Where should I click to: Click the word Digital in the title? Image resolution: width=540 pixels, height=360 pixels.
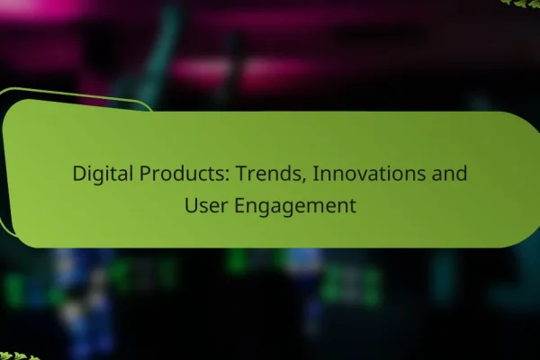point(103,174)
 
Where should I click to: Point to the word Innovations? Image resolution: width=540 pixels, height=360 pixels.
point(369,174)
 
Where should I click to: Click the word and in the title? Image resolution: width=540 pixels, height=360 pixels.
point(450,174)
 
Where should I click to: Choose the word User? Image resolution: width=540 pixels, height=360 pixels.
point(205,205)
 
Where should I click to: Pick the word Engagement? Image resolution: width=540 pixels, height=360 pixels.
point(295,207)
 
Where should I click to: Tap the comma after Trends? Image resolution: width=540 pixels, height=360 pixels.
point(303,181)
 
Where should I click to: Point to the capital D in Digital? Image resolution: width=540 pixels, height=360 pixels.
point(79,174)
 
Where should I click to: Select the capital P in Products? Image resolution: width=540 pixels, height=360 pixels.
point(145,174)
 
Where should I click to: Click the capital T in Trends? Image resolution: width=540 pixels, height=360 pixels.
point(242,174)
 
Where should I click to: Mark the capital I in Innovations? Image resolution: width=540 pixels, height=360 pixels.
point(314,174)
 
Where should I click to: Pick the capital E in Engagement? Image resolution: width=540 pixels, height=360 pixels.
point(239,206)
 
